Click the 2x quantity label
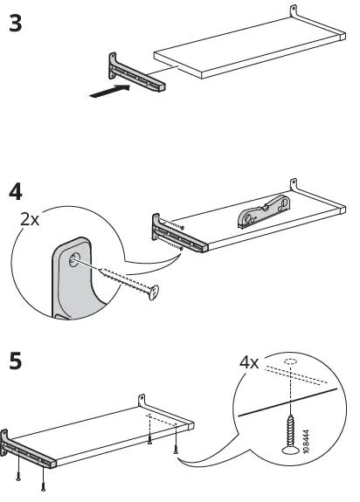tap(30, 220)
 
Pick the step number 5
tap(16, 358)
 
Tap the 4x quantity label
tap(249, 361)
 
